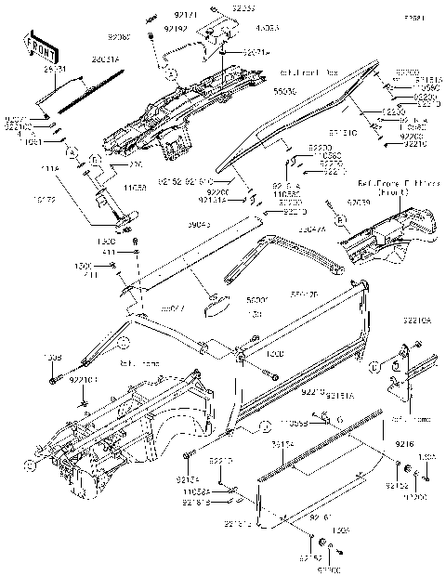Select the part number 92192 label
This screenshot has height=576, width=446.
pos(176,29)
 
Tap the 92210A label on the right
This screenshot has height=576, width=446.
pos(417,320)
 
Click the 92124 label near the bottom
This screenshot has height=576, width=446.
pos(187,478)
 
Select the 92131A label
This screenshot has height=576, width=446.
pos(211,199)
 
